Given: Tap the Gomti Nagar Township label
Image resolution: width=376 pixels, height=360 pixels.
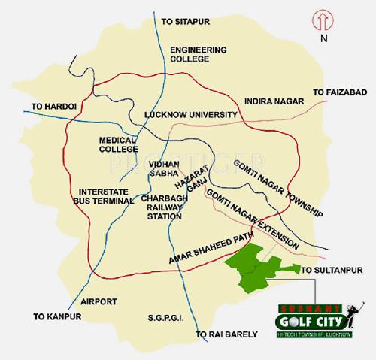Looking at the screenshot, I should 278,186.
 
